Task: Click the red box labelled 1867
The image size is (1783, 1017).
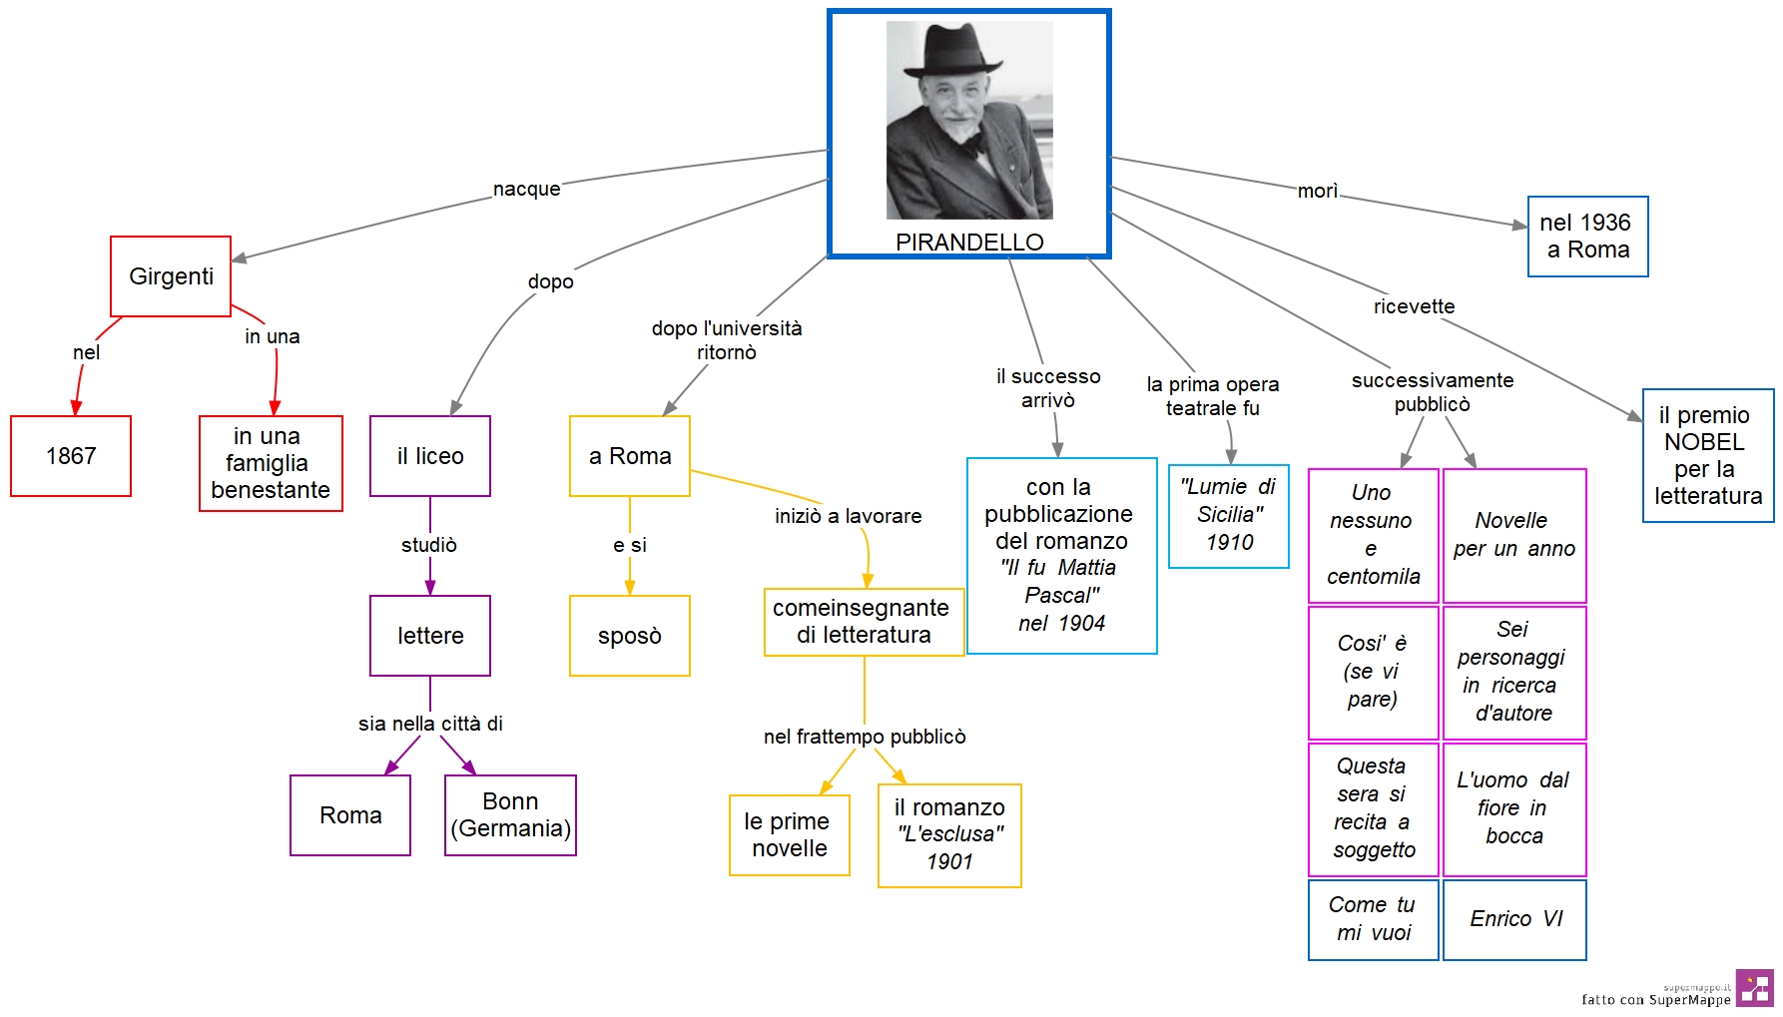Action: (x=71, y=456)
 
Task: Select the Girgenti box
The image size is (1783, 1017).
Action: (x=171, y=276)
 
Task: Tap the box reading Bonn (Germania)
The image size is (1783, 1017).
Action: (x=510, y=815)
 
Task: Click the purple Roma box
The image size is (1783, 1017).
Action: (x=350, y=815)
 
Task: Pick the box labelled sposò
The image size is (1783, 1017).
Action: (x=630, y=636)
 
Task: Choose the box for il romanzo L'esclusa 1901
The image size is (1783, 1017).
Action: (x=949, y=835)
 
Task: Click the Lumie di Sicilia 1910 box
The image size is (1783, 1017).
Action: (x=1229, y=516)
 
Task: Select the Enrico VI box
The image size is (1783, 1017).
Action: (x=1514, y=919)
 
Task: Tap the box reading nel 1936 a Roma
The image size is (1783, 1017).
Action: (x=1588, y=237)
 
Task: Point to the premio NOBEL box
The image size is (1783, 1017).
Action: (x=1708, y=455)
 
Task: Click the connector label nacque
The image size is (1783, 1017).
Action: (x=526, y=189)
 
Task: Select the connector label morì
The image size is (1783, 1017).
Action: (x=1317, y=191)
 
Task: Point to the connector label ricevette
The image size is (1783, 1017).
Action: (x=1414, y=306)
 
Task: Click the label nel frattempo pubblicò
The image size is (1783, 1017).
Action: (x=865, y=737)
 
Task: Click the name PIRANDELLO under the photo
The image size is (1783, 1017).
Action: (x=969, y=242)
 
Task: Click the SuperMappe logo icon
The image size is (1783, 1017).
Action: (x=1755, y=987)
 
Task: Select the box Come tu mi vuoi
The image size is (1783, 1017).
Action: (x=1374, y=919)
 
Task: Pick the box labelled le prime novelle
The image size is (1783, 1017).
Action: (x=790, y=835)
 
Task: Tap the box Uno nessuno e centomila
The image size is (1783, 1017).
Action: (x=1374, y=535)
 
